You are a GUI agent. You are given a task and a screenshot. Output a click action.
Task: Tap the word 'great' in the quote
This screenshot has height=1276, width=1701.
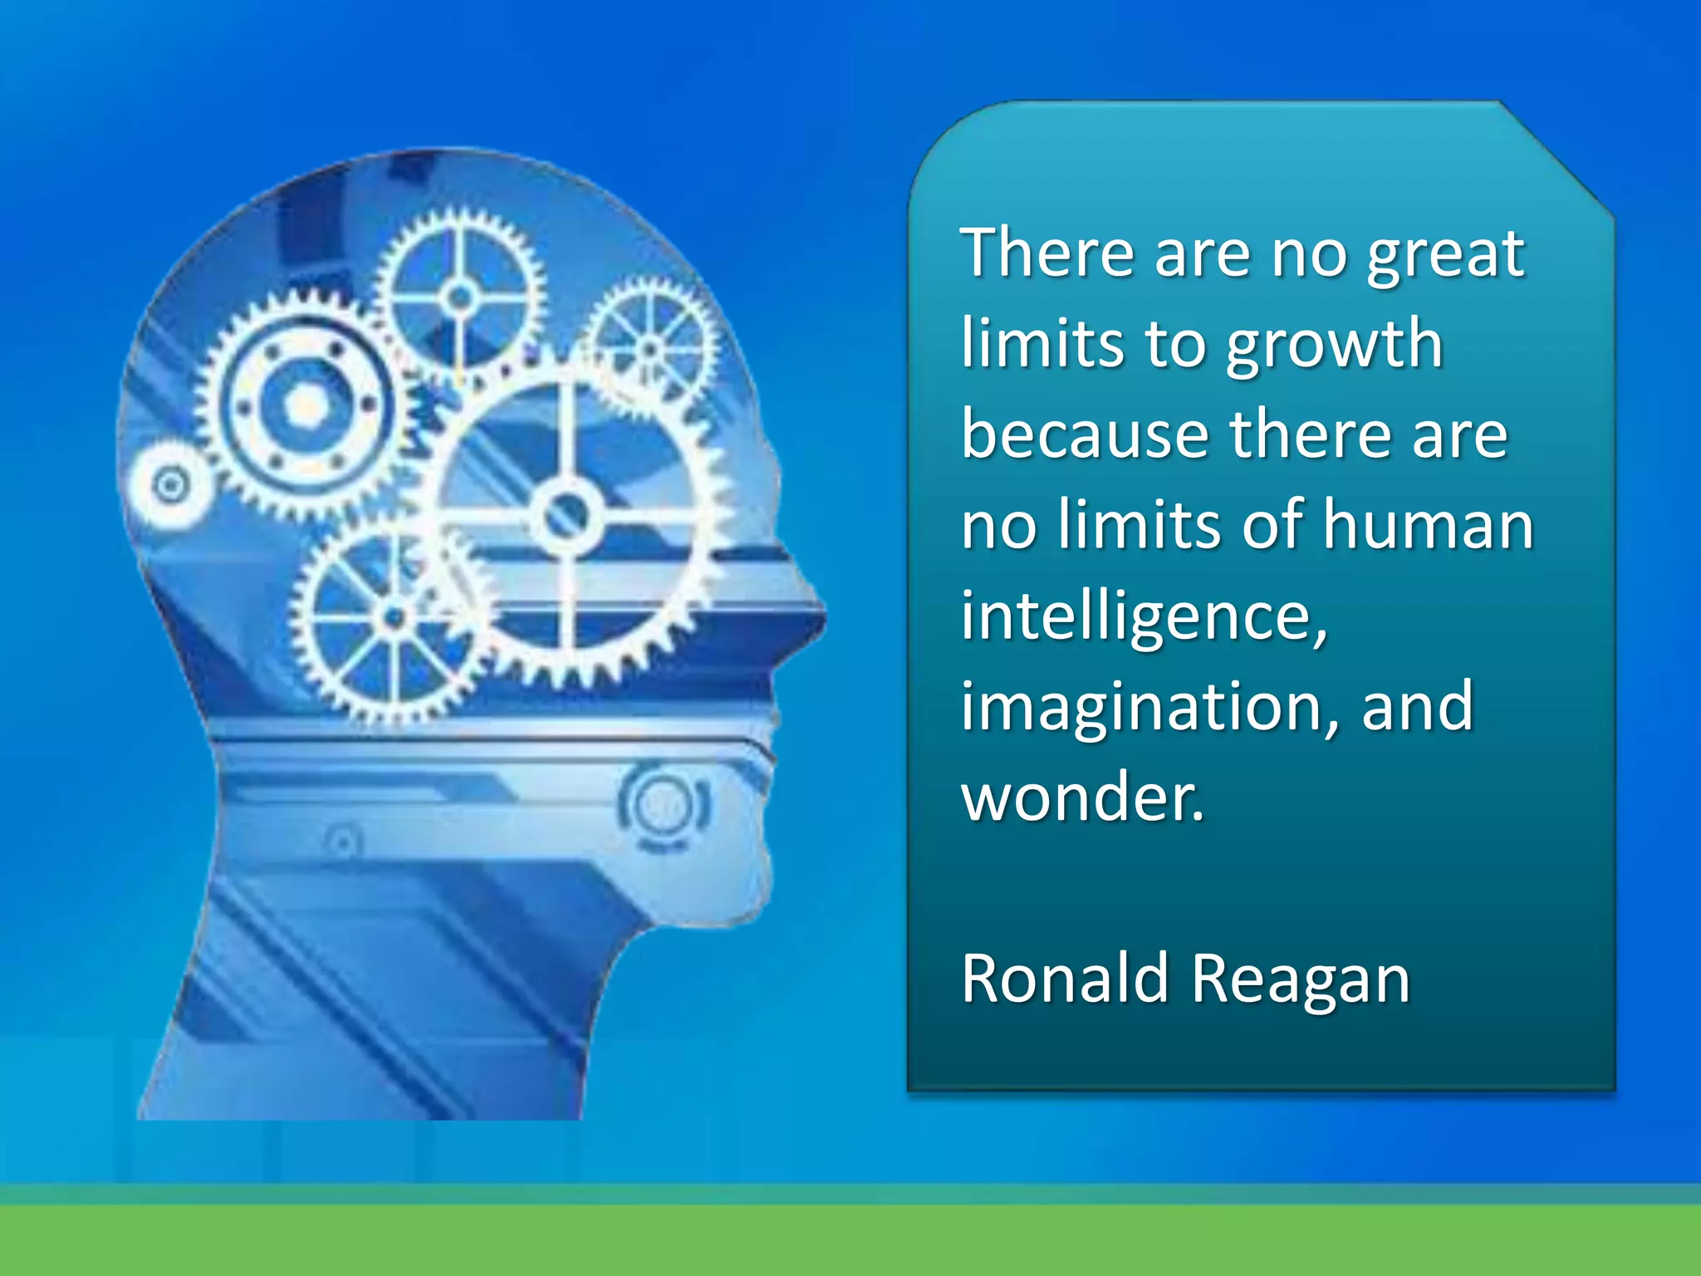1446,256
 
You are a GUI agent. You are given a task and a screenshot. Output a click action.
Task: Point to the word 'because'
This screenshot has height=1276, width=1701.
1084,435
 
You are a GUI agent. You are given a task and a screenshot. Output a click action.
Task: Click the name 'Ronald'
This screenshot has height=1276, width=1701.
1066,979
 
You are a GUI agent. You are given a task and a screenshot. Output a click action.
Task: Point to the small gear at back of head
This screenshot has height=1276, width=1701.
170,484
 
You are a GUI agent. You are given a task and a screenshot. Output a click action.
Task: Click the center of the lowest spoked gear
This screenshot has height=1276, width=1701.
394,617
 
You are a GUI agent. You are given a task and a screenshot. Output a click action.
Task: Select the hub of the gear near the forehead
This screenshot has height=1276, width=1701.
650,349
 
